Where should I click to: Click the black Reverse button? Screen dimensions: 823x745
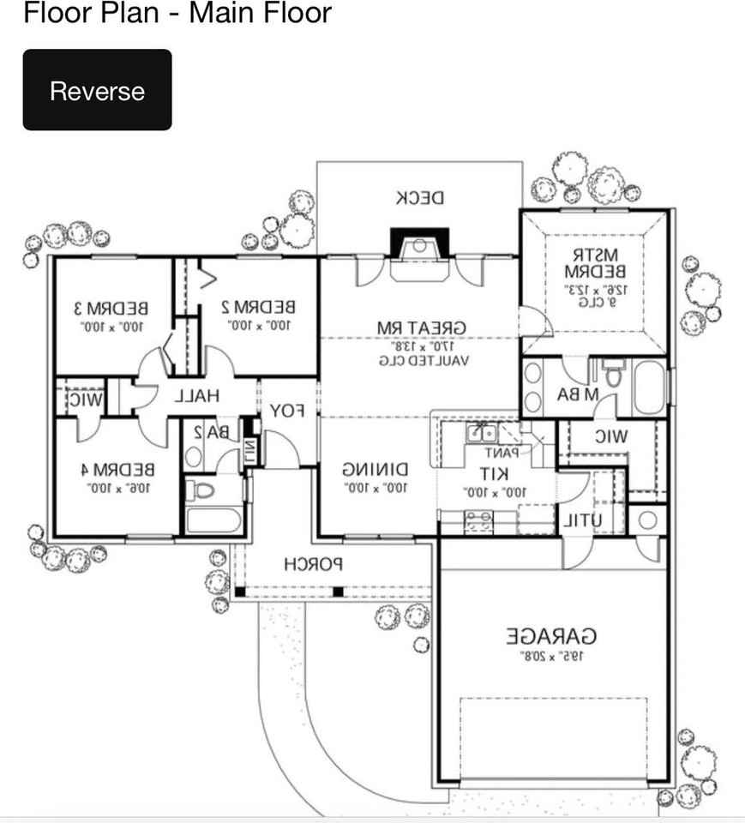tap(97, 90)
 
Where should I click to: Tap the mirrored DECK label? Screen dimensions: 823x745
tap(420, 198)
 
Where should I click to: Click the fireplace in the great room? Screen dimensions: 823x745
tap(419, 245)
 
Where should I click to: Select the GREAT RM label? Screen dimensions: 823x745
tap(422, 327)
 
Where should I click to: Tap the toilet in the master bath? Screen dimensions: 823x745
tap(613, 374)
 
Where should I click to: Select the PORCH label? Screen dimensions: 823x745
tap(313, 564)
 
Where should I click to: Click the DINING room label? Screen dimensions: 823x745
tap(375, 470)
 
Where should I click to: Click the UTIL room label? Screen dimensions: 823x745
tap(583, 520)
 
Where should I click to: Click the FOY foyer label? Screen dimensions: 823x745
tap(288, 411)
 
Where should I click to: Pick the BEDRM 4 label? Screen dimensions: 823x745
tap(123, 470)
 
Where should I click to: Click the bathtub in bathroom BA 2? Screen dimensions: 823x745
tap(213, 521)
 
